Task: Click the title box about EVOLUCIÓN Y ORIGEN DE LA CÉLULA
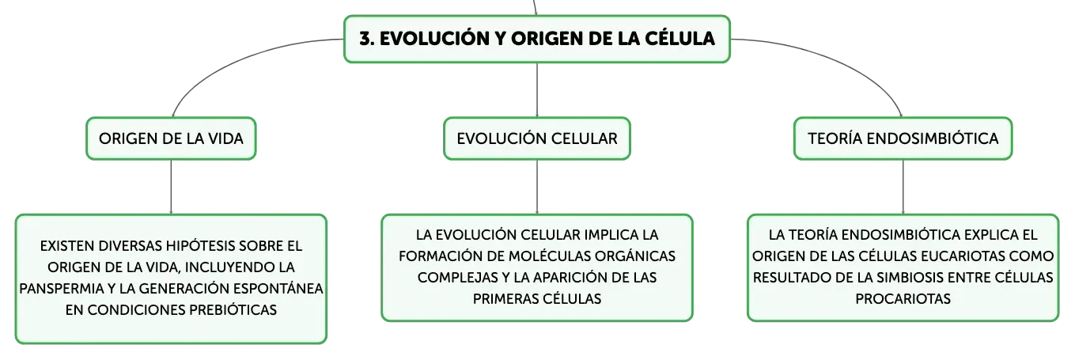coord(537,39)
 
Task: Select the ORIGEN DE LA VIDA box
coord(171,138)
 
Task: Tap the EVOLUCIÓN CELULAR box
coord(537,138)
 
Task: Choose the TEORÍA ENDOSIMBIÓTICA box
coord(903,138)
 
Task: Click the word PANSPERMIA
coord(62,289)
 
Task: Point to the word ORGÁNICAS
coord(635,256)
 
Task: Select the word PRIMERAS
coord(505,299)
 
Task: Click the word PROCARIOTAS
coord(903,299)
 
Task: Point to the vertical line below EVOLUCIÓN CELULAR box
coord(537,187)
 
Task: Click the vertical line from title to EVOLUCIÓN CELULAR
coord(537,89)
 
